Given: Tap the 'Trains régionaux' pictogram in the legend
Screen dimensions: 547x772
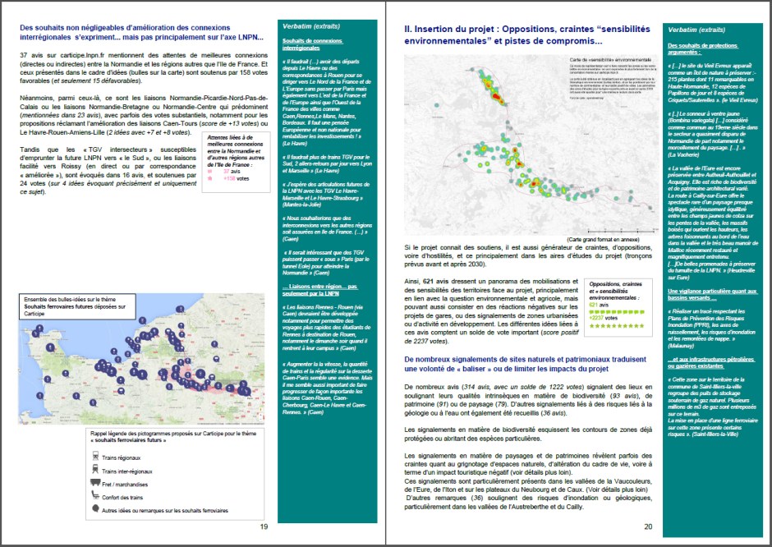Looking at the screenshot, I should [96, 457].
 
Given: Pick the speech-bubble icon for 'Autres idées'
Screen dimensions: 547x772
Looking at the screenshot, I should [96, 508].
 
